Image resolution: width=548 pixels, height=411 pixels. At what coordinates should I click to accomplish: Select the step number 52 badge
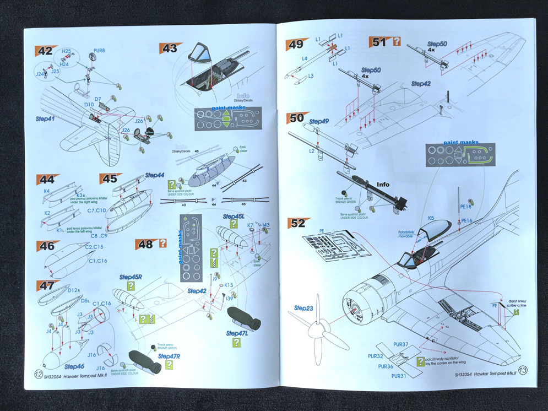297,223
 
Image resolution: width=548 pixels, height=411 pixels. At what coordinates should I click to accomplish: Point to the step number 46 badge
45,246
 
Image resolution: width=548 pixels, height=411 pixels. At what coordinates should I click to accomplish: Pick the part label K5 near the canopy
431,219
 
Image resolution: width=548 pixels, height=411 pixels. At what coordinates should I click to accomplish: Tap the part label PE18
465,207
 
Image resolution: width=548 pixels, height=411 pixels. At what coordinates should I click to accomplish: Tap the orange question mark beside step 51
395,40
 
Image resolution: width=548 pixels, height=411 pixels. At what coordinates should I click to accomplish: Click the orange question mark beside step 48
162,242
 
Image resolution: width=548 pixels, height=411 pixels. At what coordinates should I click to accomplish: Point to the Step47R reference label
169,356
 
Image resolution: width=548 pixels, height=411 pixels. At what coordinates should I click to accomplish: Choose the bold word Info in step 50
383,185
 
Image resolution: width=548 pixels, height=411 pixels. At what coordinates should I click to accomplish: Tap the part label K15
229,285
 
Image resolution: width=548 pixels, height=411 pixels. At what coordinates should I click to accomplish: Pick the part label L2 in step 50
311,150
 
